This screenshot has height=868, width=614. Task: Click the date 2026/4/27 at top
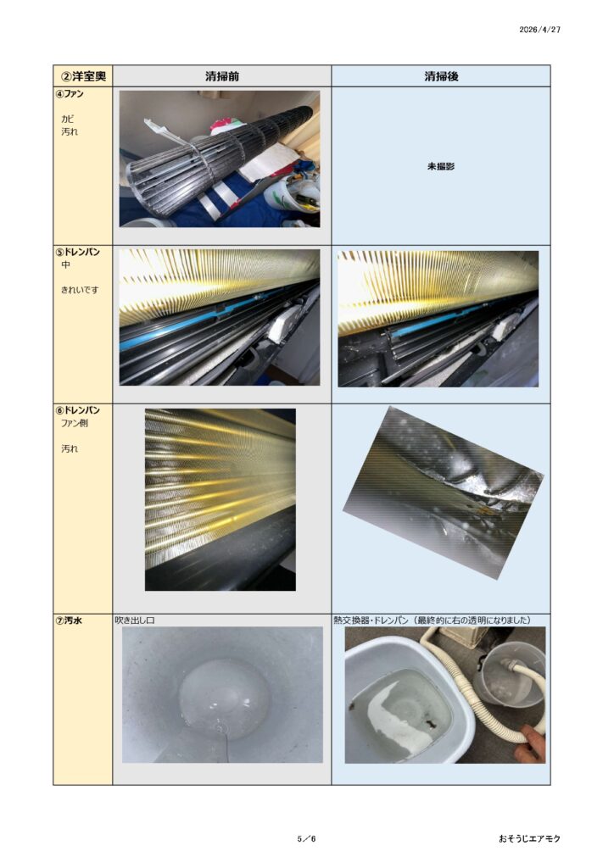click(539, 30)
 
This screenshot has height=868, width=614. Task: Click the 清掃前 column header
click(222, 76)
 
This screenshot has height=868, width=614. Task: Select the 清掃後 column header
click(441, 76)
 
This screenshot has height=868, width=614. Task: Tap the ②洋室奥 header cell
click(83, 75)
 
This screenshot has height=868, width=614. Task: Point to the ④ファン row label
click(70, 93)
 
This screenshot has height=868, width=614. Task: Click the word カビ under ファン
click(68, 119)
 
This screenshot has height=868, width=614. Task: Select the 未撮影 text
click(441, 166)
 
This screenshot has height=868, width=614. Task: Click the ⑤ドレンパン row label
click(77, 252)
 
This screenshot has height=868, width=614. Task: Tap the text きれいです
click(80, 290)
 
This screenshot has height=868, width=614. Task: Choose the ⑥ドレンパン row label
click(77, 410)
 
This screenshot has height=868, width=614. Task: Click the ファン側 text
click(74, 424)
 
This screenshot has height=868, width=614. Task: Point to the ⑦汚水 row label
click(69, 620)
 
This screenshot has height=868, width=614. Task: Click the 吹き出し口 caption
click(135, 620)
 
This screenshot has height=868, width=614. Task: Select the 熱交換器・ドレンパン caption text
click(371, 620)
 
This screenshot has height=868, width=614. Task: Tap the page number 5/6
click(306, 838)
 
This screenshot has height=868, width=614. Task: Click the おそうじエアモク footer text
click(529, 838)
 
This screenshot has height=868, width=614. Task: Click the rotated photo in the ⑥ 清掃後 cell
click(443, 492)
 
